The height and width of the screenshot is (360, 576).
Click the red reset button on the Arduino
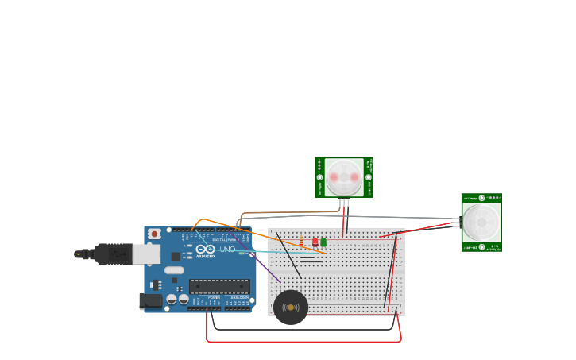pos(154,234)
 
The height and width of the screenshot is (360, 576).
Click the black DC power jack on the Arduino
pos(149,301)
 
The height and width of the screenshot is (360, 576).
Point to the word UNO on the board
pos(227,250)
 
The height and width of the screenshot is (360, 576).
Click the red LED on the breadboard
pos(315,241)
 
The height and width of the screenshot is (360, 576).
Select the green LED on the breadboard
pos(323,241)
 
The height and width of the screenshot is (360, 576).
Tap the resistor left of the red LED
pos(301,240)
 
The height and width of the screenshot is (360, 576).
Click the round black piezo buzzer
pos(291,308)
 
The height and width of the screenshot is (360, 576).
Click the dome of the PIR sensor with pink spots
pos(344,177)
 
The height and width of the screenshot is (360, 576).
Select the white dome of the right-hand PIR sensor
pos(481,223)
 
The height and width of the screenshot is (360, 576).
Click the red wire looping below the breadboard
pos(302,341)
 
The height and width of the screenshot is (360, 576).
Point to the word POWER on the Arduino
pos(214,297)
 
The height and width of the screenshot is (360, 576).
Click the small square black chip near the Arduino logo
pos(175,257)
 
